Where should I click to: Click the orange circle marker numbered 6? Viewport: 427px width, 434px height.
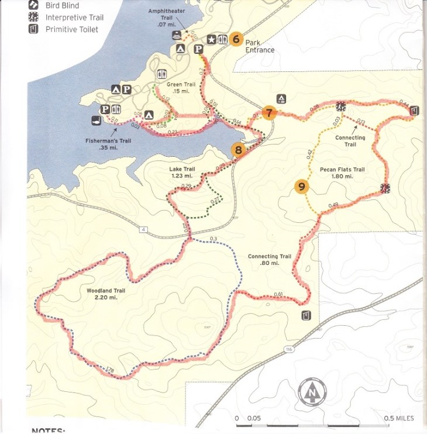point(236,40)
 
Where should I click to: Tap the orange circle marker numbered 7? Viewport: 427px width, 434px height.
point(268,113)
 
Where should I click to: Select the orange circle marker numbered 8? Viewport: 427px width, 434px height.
point(239,150)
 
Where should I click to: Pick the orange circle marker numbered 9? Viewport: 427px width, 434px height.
point(301,187)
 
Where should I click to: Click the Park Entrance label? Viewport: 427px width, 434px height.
point(260,46)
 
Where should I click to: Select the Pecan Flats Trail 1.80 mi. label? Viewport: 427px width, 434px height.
point(342,173)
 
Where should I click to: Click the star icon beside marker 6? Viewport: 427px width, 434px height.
point(211,40)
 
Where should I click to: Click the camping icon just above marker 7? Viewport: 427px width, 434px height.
point(281,98)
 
